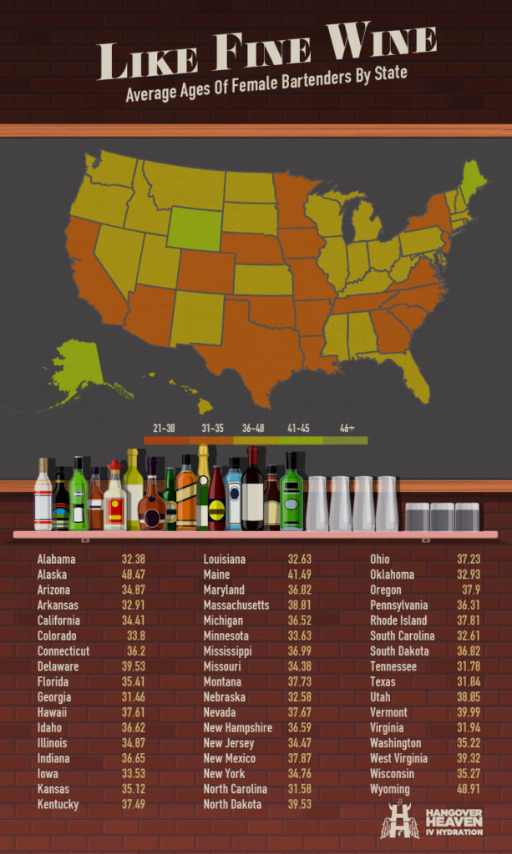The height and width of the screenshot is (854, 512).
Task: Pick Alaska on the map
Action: click(x=79, y=368)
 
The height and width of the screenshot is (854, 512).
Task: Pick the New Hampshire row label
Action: click(x=238, y=727)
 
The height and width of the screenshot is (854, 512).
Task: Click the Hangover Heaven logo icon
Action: click(x=398, y=821)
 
